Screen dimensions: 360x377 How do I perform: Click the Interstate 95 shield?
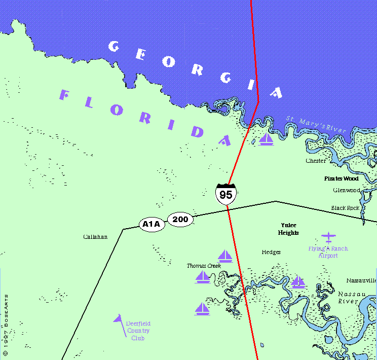tap(226, 194)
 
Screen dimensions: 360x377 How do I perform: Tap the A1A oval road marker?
tap(152, 224)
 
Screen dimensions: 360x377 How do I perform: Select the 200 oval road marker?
tap(180, 220)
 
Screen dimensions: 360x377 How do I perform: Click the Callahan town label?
tap(95, 237)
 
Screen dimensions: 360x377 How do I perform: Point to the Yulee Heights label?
tap(288, 229)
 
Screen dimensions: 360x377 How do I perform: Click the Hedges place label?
tap(271, 252)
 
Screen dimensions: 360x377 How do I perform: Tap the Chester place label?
tap(316, 161)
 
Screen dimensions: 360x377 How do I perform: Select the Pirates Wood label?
tap(342, 178)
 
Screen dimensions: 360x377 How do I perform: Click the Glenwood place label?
tap(347, 190)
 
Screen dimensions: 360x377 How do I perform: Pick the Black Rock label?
tap(345, 208)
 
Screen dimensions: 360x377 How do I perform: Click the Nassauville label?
tap(361, 280)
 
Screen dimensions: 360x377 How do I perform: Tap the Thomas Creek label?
tap(204, 266)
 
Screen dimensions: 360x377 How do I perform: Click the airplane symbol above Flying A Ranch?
tap(328, 237)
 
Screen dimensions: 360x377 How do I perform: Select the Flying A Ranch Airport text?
tap(328, 252)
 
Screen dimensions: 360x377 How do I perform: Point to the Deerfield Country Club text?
tap(138, 331)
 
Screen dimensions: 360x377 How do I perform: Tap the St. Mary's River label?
tap(316, 125)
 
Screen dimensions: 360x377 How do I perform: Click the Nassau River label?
tap(349, 297)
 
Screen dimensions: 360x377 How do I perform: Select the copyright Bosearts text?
tap(6, 324)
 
